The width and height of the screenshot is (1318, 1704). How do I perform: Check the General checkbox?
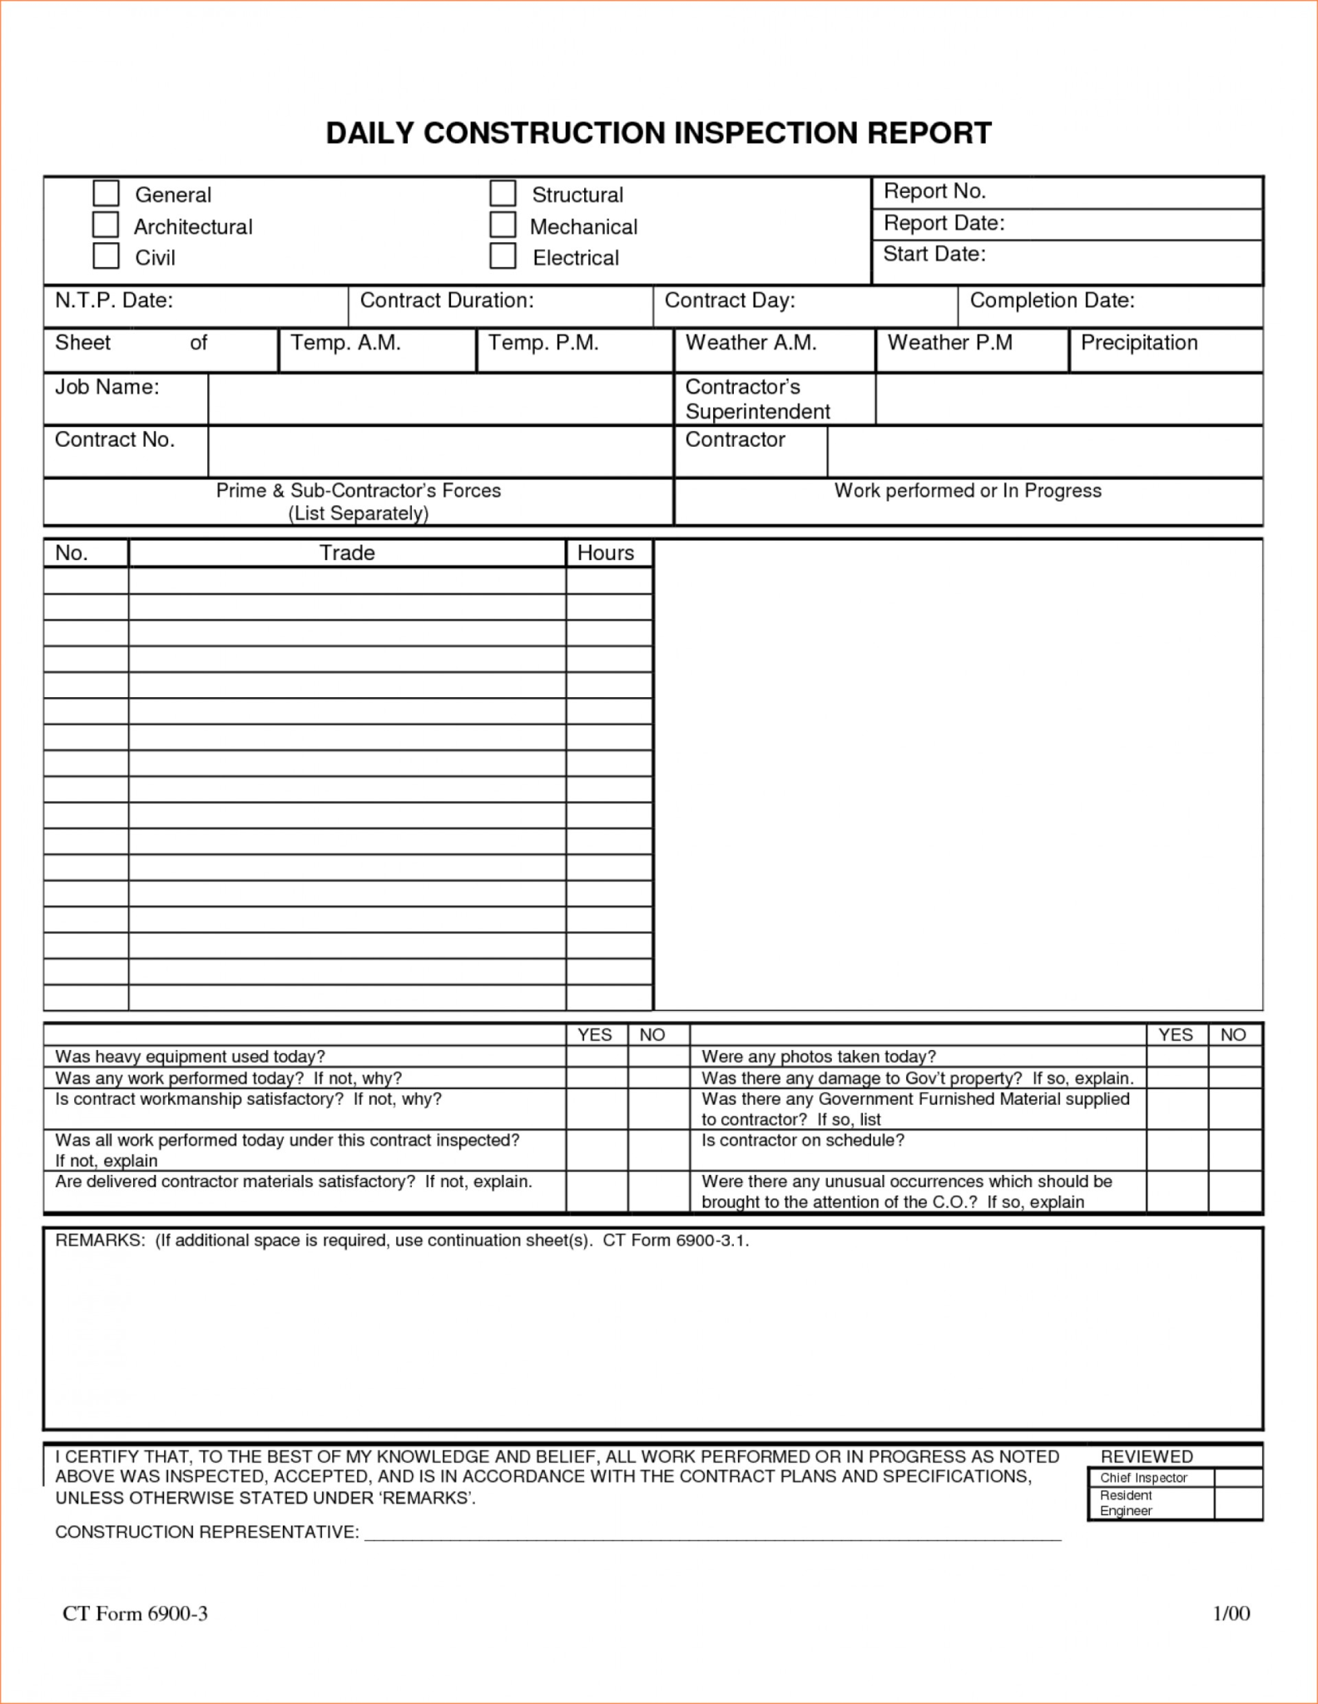[x=106, y=193]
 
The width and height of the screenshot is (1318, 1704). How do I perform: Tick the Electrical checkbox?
[x=503, y=255]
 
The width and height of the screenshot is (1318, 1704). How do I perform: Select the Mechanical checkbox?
[x=503, y=225]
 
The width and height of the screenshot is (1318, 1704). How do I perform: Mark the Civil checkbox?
[x=106, y=255]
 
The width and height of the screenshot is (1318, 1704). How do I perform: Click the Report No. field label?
[x=934, y=191]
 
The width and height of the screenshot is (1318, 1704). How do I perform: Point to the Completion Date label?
[x=1052, y=300]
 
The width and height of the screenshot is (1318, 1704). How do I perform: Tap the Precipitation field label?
[x=1138, y=343]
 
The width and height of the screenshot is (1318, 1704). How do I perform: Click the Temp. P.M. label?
[x=543, y=343]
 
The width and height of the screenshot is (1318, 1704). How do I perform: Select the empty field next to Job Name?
[x=439, y=399]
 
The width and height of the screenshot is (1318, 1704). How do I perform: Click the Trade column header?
[x=347, y=553]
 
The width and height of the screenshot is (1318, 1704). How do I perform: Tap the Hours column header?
[x=606, y=553]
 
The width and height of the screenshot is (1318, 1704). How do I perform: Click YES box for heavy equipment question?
[x=597, y=1057]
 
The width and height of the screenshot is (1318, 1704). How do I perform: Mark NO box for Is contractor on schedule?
[x=1234, y=1150]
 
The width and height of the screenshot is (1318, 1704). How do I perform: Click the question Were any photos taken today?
[x=819, y=1057]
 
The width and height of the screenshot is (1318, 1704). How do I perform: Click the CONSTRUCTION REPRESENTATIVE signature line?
[x=712, y=1532]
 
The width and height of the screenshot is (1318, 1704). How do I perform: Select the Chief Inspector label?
[x=1143, y=1478]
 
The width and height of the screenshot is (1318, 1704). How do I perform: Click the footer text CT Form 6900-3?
[x=135, y=1614]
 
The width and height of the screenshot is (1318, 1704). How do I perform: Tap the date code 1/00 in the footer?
[x=1231, y=1614]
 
